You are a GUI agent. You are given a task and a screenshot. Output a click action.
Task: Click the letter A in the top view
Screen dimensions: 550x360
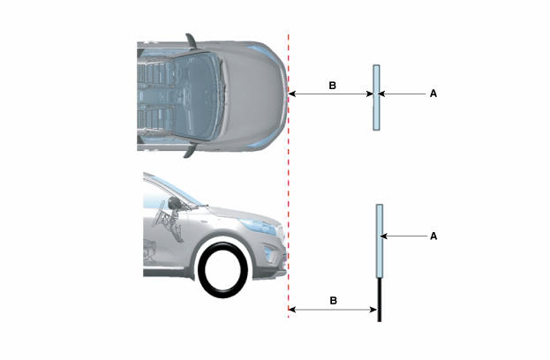pos(433,94)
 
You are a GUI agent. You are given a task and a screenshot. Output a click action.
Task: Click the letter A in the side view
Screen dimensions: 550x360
pos(433,236)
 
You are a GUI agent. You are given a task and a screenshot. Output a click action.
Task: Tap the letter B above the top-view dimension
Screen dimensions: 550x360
pos(332,86)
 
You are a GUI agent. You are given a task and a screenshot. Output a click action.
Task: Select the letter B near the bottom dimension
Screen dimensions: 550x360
pos(333,300)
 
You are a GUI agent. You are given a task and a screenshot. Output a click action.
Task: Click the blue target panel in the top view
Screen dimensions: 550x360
pos(376,97)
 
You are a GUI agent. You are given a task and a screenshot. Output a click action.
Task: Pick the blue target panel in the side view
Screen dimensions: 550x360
pos(380,241)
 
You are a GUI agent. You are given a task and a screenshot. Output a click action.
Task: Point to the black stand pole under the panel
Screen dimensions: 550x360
pos(380,300)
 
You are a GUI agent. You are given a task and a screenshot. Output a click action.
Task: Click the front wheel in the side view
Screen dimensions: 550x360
pos(222,270)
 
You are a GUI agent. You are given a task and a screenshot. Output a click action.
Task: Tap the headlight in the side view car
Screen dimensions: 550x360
pos(259,227)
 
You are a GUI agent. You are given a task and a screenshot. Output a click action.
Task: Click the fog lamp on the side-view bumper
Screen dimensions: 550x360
pos(270,253)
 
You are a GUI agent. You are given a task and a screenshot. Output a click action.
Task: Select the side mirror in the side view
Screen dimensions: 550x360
pos(174,203)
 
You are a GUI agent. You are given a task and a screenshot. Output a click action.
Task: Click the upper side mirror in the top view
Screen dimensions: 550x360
pos(191,41)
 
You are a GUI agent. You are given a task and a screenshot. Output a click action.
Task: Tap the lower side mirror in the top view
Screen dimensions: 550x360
pos(190,152)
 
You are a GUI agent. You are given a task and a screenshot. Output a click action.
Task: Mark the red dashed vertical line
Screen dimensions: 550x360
pos(289,176)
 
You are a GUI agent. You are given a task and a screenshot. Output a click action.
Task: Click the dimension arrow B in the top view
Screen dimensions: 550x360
pos(331,94)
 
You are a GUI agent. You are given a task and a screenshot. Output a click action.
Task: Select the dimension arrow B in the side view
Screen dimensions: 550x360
pos(333,310)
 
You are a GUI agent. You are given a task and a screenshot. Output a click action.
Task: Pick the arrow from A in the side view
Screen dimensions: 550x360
pos(403,236)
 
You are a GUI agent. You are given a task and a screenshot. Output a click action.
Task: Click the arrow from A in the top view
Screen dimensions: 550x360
pos(402,94)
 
